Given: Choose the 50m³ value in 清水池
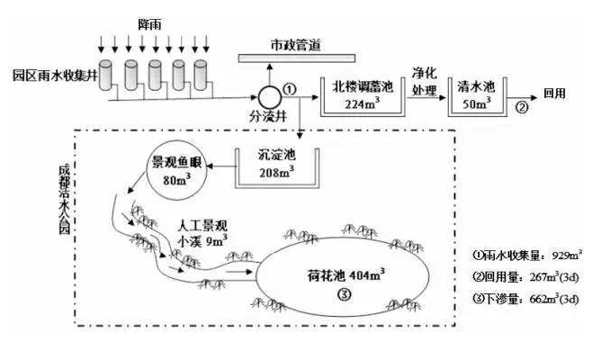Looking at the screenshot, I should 477,103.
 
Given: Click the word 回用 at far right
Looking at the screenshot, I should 555,94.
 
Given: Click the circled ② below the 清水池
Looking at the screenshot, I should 520,111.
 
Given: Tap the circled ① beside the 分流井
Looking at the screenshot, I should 289,88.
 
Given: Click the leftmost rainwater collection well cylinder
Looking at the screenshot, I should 107,76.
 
